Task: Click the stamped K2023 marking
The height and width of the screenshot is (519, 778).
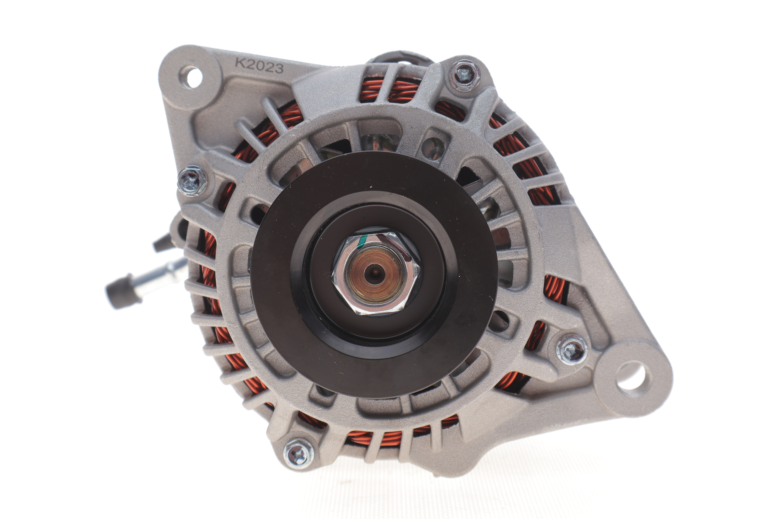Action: [259, 65]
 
